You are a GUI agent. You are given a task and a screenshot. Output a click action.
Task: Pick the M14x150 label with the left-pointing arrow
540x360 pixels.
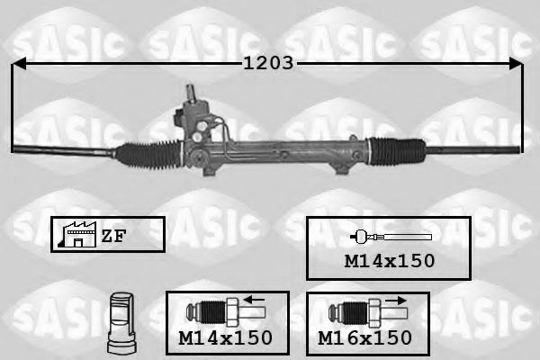pos(226,337)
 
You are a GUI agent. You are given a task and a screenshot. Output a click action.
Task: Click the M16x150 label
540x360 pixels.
pos(365,337)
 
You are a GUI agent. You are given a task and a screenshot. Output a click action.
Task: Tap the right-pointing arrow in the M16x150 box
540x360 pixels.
pos(395,301)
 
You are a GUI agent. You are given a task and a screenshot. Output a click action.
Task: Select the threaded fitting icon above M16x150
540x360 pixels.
pos(355,311)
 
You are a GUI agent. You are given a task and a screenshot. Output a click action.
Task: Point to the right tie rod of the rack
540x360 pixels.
pos(472,146)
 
